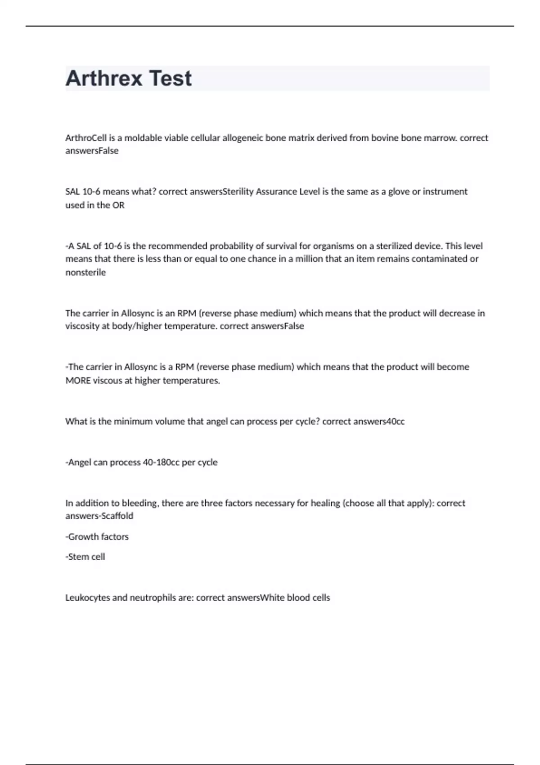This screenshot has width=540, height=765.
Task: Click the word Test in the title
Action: tap(170, 78)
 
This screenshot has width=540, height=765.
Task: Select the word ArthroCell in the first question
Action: tap(86, 138)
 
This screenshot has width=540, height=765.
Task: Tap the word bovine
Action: tap(385, 138)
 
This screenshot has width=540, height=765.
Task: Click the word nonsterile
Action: tap(85, 272)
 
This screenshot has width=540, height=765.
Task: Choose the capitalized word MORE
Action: tap(78, 381)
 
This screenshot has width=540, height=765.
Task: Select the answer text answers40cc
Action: tap(379, 422)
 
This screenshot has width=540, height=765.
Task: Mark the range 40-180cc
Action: tap(161, 462)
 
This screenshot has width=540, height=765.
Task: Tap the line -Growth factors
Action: tap(97, 537)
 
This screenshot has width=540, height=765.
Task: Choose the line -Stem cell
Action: tap(85, 557)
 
